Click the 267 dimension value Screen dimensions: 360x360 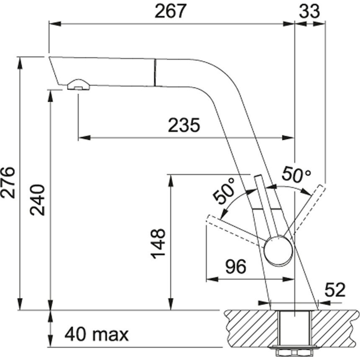click(170, 11)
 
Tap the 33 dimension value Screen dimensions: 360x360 click(309, 11)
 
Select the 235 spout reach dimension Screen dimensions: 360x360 click(184, 125)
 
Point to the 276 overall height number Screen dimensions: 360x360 click(8, 183)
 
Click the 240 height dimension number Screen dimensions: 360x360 click(37, 200)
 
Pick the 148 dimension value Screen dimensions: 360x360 click(158, 244)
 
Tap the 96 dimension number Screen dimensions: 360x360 click(235, 267)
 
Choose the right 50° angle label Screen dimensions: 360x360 click(296, 174)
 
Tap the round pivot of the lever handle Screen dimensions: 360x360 click(278, 252)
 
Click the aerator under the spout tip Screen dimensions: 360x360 click(79, 85)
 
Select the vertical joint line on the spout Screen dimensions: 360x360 click(155, 72)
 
